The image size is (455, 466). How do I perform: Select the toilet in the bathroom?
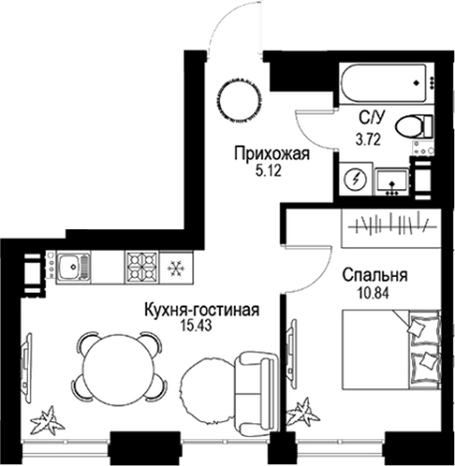tap(410, 127)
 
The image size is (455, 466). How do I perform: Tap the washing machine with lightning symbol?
tap(355, 179)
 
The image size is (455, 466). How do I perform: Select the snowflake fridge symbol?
tap(177, 268)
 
